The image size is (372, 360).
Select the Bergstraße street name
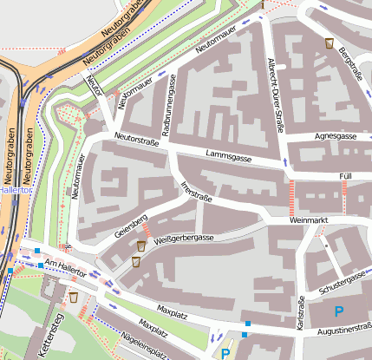click(349, 63)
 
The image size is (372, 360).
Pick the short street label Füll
click(345, 176)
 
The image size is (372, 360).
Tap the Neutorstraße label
click(137, 140)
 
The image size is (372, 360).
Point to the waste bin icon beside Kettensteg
click(74, 298)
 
